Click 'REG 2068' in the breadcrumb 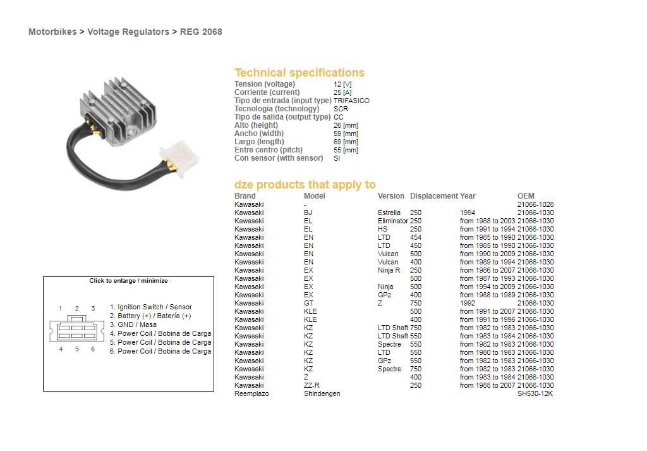coord(201,32)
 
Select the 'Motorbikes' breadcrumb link coord(52,32)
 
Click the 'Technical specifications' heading coord(299,73)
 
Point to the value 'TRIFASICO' coord(351,101)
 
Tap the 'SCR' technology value coord(341,109)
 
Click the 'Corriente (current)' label coord(267,92)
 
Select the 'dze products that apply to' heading coord(305,185)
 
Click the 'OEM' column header coord(526,196)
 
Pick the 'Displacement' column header coord(433,196)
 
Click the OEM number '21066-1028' coord(535,204)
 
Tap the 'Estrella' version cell coord(389,213)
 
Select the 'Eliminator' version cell coord(392,221)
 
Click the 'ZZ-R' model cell coord(311,385)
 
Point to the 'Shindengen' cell coord(322,393)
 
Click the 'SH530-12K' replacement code coord(535,393)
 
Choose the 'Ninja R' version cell coord(389,270)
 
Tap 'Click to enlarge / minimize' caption coord(128,281)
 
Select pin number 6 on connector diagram coord(93,349)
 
